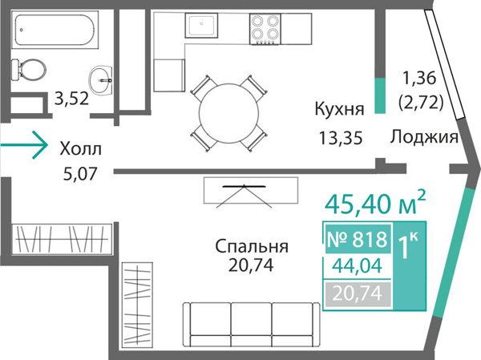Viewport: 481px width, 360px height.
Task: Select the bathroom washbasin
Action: [103, 78]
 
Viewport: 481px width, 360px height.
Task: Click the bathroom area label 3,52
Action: [71, 100]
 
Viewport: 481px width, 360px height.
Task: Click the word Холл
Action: [81, 149]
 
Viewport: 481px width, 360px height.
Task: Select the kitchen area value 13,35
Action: [340, 137]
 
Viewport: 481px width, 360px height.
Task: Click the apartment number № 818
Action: [358, 238]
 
